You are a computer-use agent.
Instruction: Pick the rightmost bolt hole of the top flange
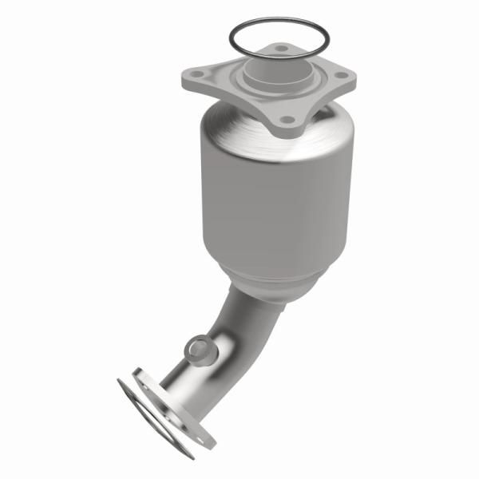point(343,77)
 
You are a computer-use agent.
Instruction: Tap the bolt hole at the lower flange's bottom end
point(207,437)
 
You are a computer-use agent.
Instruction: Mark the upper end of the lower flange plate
point(141,374)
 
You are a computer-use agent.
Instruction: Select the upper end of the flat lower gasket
point(121,383)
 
